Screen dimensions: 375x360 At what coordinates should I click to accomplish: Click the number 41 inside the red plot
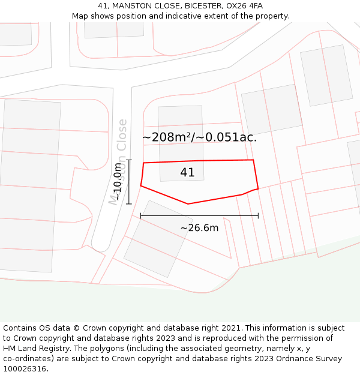(x=187, y=173)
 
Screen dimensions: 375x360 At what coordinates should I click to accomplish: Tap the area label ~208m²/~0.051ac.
(x=199, y=137)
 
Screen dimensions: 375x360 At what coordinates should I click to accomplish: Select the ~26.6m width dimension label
(x=199, y=228)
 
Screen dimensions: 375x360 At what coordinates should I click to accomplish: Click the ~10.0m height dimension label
(x=118, y=181)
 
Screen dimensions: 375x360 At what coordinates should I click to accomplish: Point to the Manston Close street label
(x=119, y=162)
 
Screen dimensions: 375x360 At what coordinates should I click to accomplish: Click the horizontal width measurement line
(x=199, y=215)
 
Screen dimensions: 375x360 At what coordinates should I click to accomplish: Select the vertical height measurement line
(x=129, y=181)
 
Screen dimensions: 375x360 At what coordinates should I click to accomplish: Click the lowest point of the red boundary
(x=188, y=204)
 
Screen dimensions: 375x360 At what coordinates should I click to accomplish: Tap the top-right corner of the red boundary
(x=253, y=160)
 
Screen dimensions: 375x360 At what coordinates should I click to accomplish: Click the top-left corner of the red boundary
(x=143, y=163)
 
